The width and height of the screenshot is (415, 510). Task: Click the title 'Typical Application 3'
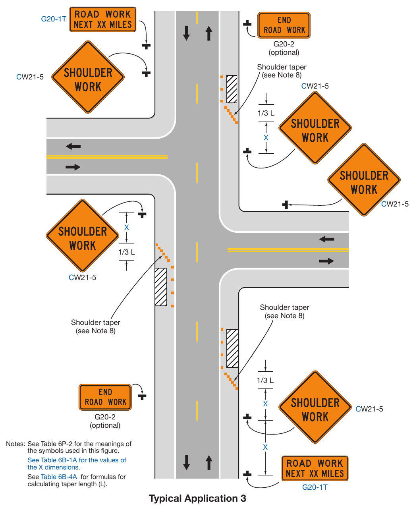coord(197,498)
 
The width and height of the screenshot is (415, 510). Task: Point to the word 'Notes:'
coord(15,444)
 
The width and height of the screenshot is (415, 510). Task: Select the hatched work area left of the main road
coord(161,287)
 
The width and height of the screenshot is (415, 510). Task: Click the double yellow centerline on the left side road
coord(107,157)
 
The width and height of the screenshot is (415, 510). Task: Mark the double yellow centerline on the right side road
coord(288,250)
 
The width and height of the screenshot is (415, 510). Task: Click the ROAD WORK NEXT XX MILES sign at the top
coord(103,19)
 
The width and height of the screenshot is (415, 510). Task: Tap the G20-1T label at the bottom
coord(315,487)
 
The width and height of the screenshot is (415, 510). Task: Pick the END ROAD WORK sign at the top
coord(284,25)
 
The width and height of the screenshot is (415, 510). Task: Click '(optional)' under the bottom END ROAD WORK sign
coord(105,425)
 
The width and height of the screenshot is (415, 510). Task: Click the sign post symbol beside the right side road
coord(285,205)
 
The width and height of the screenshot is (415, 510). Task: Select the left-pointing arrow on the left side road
coord(73,146)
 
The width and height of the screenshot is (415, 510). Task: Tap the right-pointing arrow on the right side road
coord(326,261)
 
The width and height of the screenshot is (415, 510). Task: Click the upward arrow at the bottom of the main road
coord(209,463)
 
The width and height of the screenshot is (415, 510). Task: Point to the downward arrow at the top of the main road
coord(186,33)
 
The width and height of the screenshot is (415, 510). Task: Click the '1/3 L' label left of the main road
coord(127,252)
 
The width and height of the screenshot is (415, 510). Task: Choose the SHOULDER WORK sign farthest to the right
coord(364,180)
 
